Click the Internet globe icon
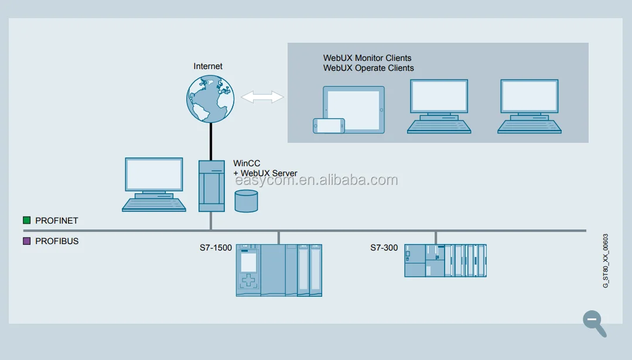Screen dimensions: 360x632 click(x=210, y=98)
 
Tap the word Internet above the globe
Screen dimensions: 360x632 click(x=208, y=66)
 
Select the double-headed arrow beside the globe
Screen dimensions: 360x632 click(x=262, y=97)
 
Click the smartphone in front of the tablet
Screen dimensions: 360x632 click(x=329, y=126)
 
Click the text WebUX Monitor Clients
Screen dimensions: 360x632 click(x=367, y=58)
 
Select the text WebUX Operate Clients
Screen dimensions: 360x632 click(x=368, y=68)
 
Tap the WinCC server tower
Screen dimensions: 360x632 click(x=211, y=186)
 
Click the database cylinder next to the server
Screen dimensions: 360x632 click(x=246, y=200)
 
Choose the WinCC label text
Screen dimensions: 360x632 click(x=247, y=164)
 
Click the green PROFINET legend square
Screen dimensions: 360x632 click(x=26, y=221)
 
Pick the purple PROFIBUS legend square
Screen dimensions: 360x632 click(x=26, y=241)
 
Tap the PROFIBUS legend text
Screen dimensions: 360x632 click(x=57, y=241)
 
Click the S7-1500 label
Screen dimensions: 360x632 click(x=216, y=248)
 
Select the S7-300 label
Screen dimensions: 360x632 click(x=384, y=248)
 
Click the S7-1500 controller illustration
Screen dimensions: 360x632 click(x=279, y=270)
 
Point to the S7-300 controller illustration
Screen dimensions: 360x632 click(x=445, y=260)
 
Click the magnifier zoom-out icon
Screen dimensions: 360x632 click(x=593, y=321)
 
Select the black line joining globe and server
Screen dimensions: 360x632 click(x=211, y=140)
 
